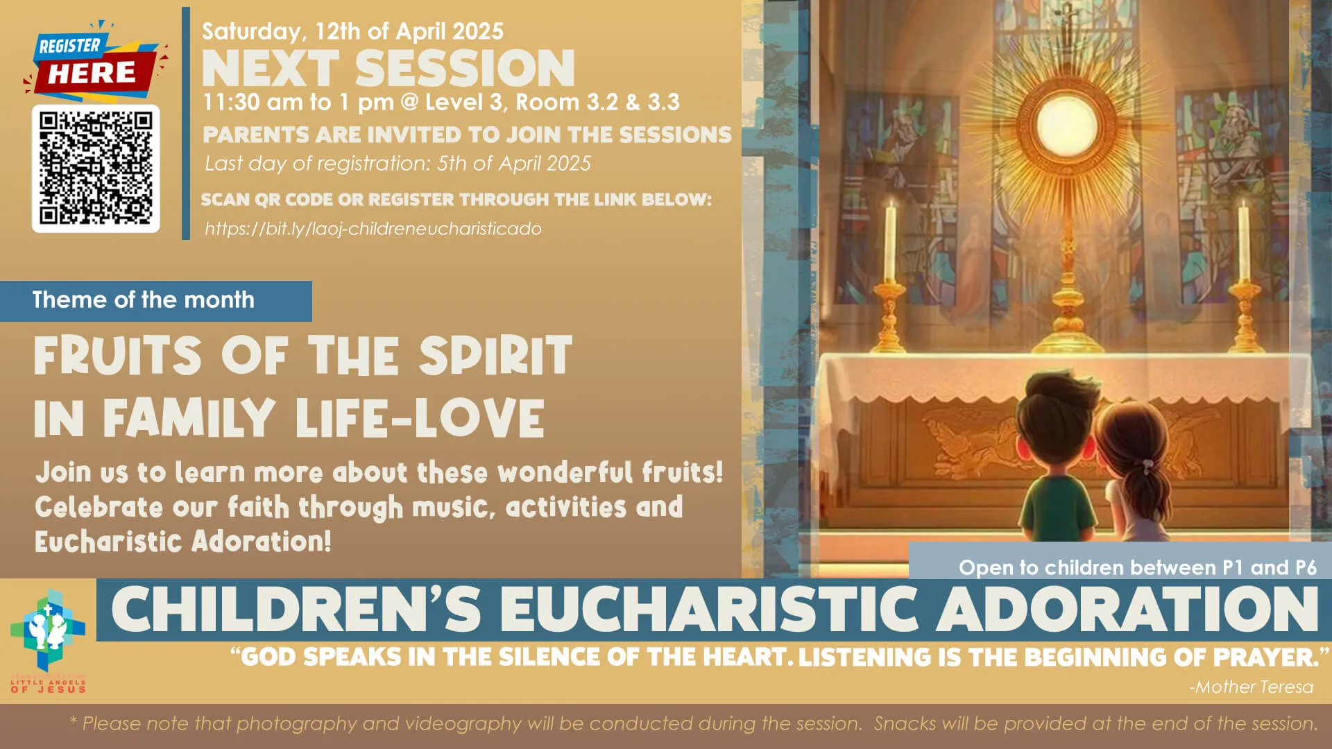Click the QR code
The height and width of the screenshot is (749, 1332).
coord(96,169)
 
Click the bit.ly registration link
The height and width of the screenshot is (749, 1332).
coord(373,229)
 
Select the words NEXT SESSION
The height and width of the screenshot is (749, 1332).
coord(388,68)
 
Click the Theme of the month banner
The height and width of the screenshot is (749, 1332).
coord(144,300)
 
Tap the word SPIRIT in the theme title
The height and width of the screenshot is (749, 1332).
coord(495,356)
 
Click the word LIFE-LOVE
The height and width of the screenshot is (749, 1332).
coord(420,418)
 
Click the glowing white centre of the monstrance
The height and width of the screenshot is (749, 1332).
coord(1066,127)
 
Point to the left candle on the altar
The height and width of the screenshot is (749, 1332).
coord(890,243)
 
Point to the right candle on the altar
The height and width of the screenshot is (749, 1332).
coord(1243,243)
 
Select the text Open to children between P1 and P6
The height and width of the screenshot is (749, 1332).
coord(1137,568)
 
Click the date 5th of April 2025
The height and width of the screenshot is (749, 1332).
coord(514,164)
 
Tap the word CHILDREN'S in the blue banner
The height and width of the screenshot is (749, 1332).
coord(296,610)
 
